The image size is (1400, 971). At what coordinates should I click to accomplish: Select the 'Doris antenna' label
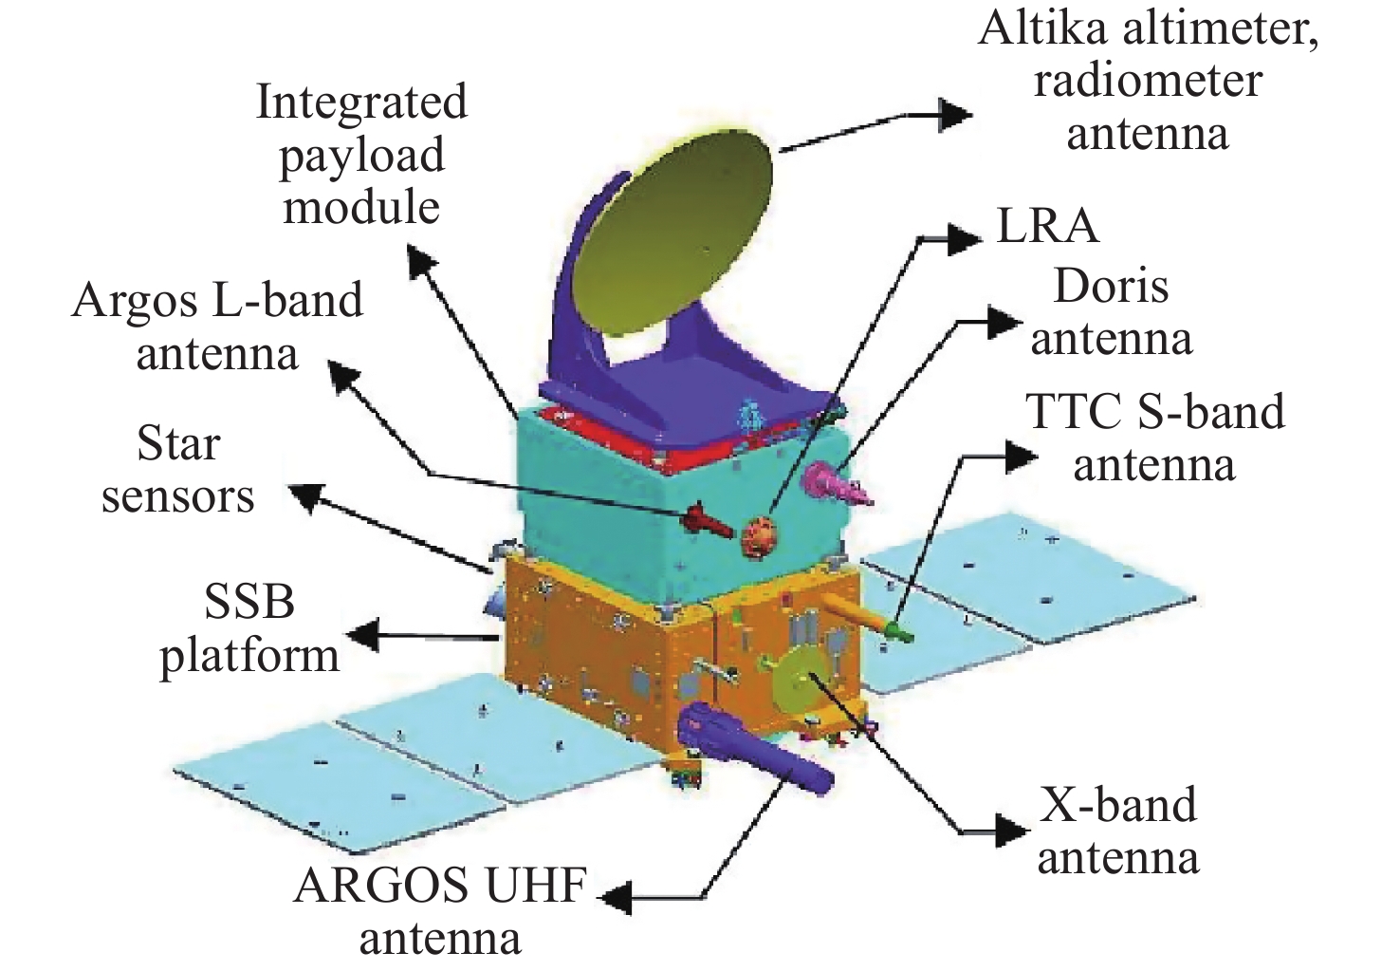1111,312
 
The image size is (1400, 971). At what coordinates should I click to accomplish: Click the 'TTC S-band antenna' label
1154,438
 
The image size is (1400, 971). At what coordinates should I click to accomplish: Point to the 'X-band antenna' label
1117,831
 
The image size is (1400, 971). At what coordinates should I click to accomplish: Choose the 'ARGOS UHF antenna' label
440,912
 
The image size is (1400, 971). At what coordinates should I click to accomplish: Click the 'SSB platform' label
249,628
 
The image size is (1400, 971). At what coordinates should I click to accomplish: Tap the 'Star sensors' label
178,470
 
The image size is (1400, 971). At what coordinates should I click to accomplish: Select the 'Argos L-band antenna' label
217,327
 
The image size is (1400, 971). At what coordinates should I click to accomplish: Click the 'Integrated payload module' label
361,154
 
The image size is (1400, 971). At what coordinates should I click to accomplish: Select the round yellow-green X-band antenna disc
797,680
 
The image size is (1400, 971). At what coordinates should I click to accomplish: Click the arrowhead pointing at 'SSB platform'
361,633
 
